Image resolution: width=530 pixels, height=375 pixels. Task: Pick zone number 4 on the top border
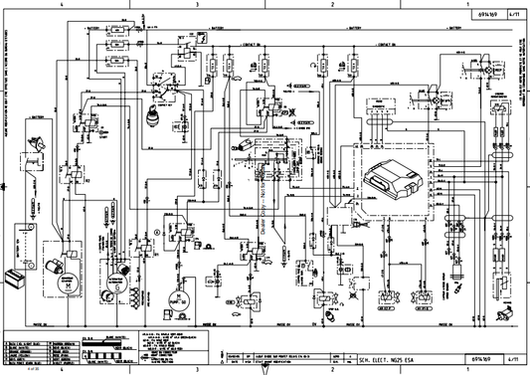[x=62, y=5]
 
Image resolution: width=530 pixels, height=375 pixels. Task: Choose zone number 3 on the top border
[x=197, y=5]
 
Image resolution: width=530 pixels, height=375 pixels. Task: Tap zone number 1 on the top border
[x=464, y=5]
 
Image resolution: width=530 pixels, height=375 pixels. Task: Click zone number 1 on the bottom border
[x=464, y=369]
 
